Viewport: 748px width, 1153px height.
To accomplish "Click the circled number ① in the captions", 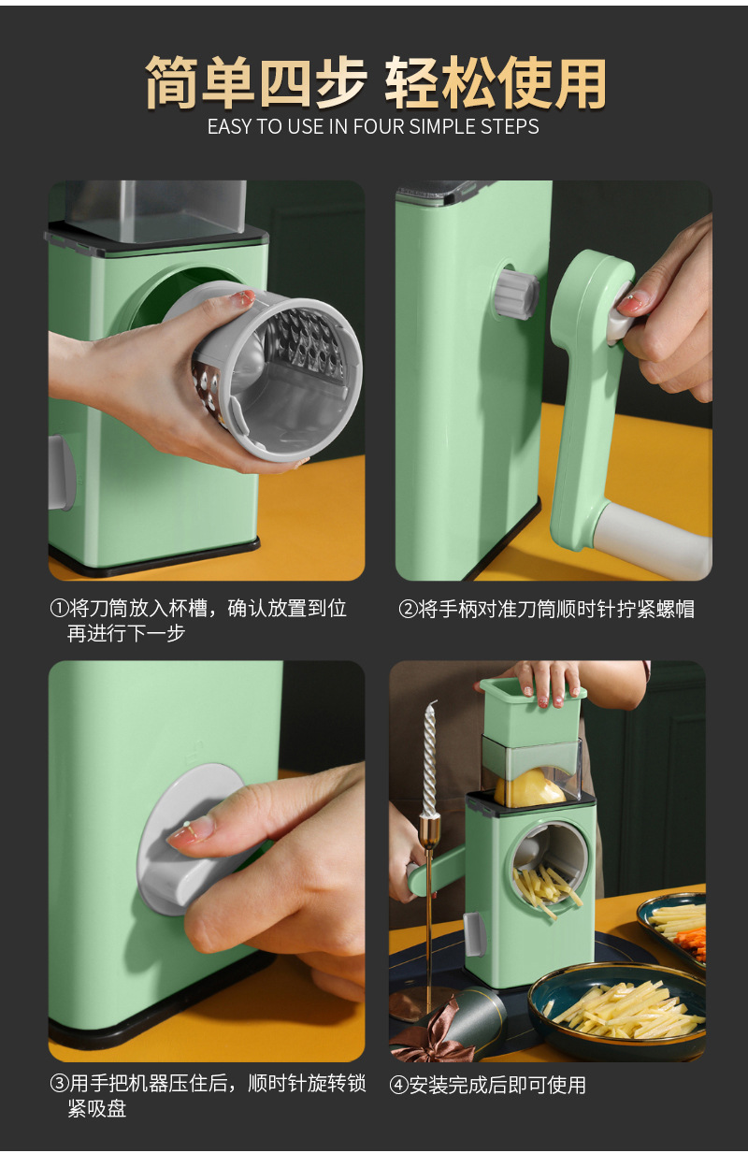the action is pyautogui.click(x=58, y=609).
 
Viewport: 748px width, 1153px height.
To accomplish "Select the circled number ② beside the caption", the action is pyautogui.click(x=408, y=610).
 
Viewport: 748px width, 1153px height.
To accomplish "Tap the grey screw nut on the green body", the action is pyautogui.click(x=517, y=294).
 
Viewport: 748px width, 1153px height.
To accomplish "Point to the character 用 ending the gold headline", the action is pyautogui.click(x=578, y=84).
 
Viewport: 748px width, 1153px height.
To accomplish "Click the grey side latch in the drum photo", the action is pyautogui.click(x=61, y=472).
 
